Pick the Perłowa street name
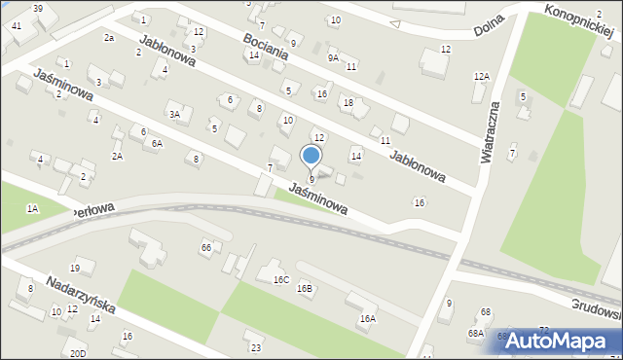click(x=94, y=209)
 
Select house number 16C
click(x=281, y=280)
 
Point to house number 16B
click(x=305, y=289)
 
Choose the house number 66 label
click(x=206, y=248)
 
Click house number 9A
click(x=333, y=57)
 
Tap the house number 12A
click(x=481, y=76)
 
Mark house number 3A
click(x=175, y=115)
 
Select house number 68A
click(x=475, y=333)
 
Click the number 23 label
click(x=256, y=347)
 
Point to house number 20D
click(x=78, y=352)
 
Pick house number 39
click(x=37, y=8)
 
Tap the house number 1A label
click(x=32, y=208)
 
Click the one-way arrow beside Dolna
click(x=394, y=23)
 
